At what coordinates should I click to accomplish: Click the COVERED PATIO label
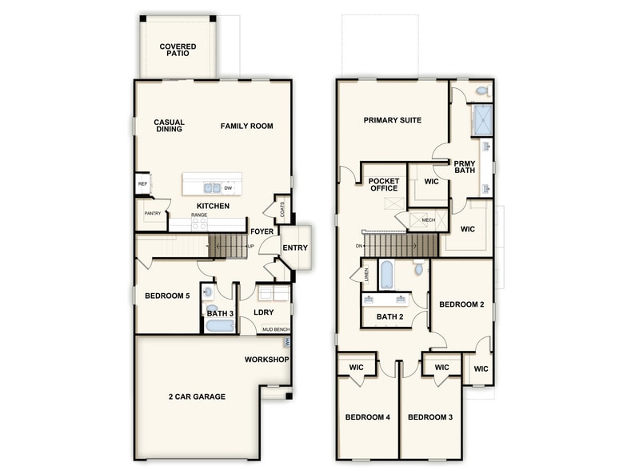pyautogui.click(x=178, y=50)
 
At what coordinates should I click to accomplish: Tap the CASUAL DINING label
pyautogui.click(x=169, y=126)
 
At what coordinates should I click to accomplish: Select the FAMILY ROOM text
pyautogui.click(x=247, y=126)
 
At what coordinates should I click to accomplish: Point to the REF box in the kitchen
pyautogui.click(x=142, y=184)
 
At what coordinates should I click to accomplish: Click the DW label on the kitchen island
pyautogui.click(x=228, y=188)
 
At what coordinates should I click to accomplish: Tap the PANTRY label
pyautogui.click(x=153, y=213)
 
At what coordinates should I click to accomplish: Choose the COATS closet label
pyautogui.click(x=282, y=209)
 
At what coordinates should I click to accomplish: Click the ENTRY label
pyautogui.click(x=294, y=248)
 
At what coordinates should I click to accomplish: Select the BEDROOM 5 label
pyautogui.click(x=167, y=296)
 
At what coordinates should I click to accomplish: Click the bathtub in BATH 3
pyautogui.click(x=219, y=326)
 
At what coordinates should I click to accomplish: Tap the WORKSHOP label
pyautogui.click(x=266, y=360)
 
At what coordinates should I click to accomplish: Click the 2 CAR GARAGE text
pyautogui.click(x=198, y=397)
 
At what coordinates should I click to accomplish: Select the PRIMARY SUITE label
pyautogui.click(x=393, y=120)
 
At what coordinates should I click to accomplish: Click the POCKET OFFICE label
pyautogui.click(x=384, y=185)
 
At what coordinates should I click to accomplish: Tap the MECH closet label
pyautogui.click(x=428, y=219)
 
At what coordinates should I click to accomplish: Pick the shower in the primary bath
pyautogui.click(x=482, y=119)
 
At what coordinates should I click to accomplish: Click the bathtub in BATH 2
pyautogui.click(x=386, y=274)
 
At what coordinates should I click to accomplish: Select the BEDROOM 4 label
pyautogui.click(x=368, y=417)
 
